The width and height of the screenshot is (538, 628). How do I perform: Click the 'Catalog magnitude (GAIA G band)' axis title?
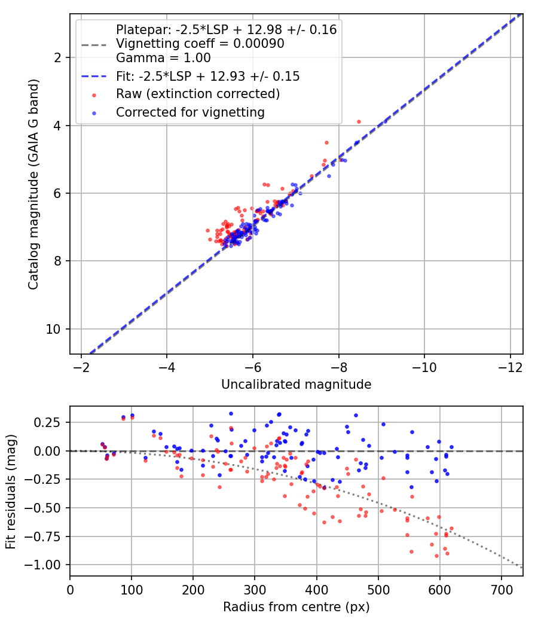click(x=33, y=184)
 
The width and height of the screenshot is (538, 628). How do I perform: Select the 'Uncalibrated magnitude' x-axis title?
click(x=296, y=385)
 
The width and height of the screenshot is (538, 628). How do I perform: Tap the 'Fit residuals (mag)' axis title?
click(x=11, y=492)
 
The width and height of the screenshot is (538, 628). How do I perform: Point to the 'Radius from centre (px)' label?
click(x=296, y=607)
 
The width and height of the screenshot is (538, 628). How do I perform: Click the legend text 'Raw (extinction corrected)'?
click(x=198, y=94)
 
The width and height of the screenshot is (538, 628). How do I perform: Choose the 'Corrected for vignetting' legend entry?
click(x=190, y=112)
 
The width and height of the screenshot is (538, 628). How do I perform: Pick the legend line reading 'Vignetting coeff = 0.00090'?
click(x=200, y=43)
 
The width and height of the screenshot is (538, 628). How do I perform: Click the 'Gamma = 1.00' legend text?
click(x=163, y=57)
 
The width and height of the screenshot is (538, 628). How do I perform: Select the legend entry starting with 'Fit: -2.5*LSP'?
click(x=208, y=76)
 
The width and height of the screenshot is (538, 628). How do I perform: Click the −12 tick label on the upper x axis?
click(x=510, y=367)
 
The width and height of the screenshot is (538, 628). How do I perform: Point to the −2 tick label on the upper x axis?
click(x=81, y=367)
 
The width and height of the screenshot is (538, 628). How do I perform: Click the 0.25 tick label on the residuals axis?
click(x=47, y=422)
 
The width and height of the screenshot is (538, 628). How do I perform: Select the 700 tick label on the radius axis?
click(x=502, y=590)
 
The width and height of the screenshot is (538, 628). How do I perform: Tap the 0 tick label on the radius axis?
click(x=70, y=590)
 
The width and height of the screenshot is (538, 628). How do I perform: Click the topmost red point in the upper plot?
click(x=359, y=122)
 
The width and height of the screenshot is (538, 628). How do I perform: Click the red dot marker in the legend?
click(x=94, y=95)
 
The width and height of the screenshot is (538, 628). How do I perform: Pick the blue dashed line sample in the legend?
click(x=94, y=77)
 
